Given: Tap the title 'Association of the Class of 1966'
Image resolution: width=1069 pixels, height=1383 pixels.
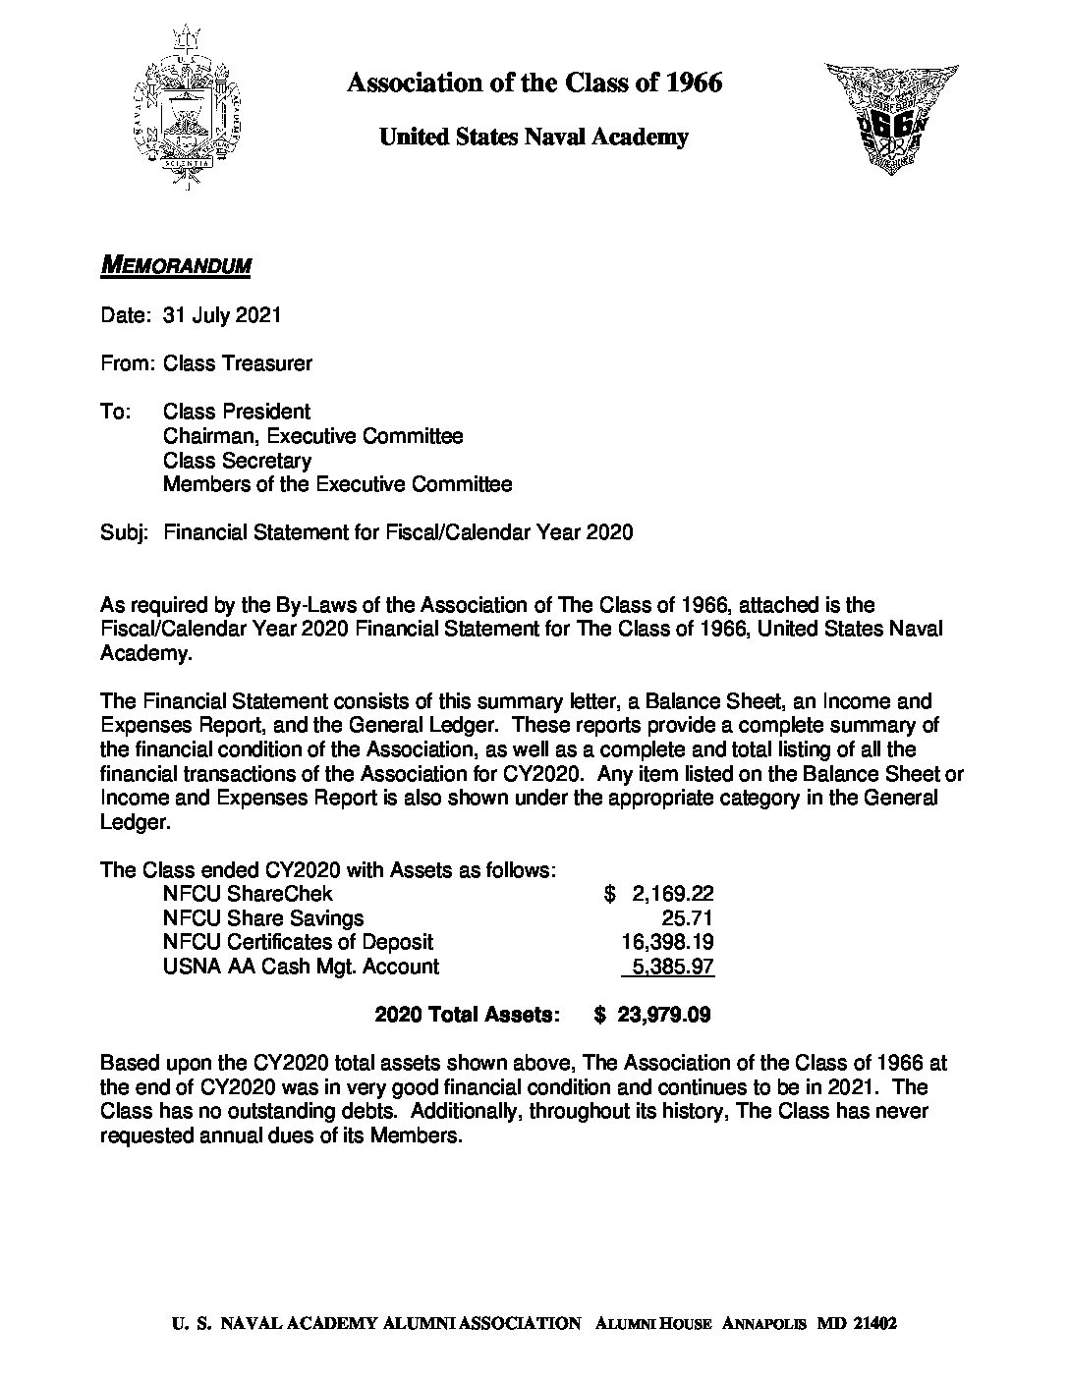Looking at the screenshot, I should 534,83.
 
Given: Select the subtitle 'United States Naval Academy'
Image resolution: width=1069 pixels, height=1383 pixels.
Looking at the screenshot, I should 534,138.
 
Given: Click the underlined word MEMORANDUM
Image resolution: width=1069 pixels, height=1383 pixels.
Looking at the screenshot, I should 177,266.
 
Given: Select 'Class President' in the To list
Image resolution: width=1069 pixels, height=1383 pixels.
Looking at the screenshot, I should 237,412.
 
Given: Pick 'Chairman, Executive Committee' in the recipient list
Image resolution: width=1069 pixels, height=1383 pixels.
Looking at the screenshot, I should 312,436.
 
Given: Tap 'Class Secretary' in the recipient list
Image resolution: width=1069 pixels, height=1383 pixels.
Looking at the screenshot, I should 237,461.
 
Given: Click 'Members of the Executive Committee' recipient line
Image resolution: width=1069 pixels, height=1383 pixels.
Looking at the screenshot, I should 337,484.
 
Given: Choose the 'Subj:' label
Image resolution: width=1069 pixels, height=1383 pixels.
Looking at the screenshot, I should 124,533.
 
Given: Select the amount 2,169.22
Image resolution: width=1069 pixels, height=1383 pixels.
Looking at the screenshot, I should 672,894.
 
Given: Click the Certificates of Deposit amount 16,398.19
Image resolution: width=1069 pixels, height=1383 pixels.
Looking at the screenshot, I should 664,943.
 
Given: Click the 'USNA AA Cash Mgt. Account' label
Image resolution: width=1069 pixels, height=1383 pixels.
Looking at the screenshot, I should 301,967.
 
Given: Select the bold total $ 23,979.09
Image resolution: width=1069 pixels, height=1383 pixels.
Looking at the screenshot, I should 652,1016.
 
